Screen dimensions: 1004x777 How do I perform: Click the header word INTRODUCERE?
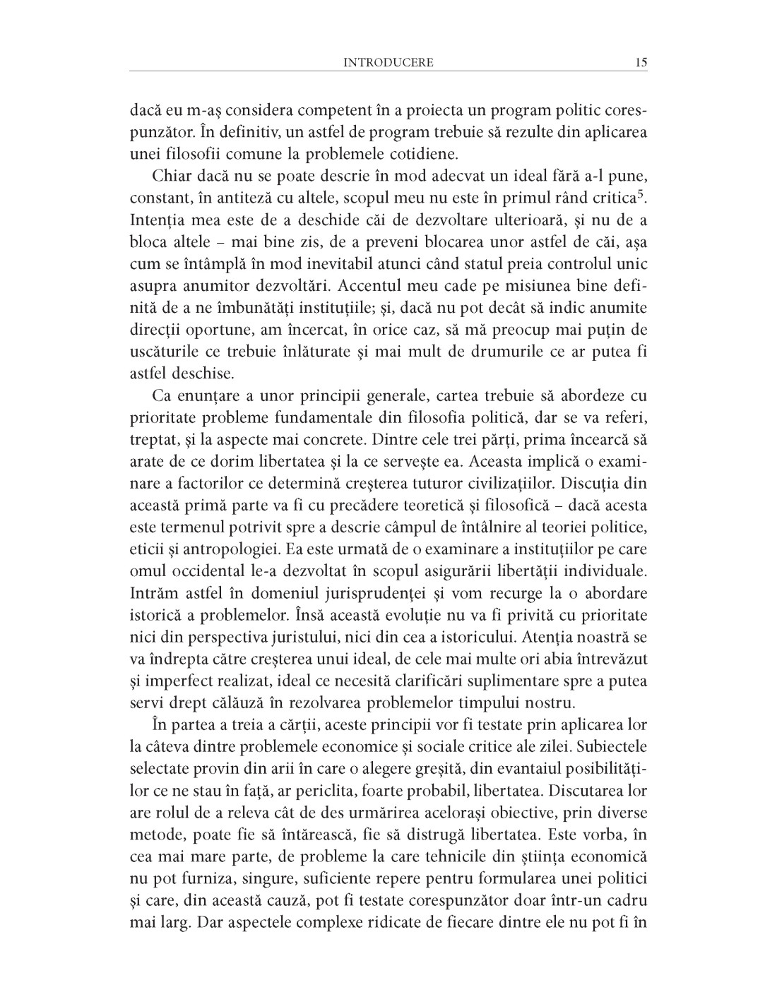[388, 62]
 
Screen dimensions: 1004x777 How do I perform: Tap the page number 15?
[641, 62]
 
